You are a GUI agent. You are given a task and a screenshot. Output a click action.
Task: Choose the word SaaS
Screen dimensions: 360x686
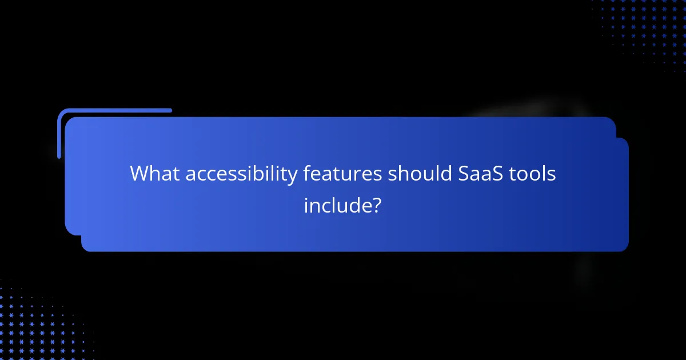(x=478, y=174)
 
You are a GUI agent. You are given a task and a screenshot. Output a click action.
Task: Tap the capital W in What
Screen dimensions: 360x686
(x=139, y=174)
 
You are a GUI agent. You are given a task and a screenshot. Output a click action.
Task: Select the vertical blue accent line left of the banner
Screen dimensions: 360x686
(x=59, y=135)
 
